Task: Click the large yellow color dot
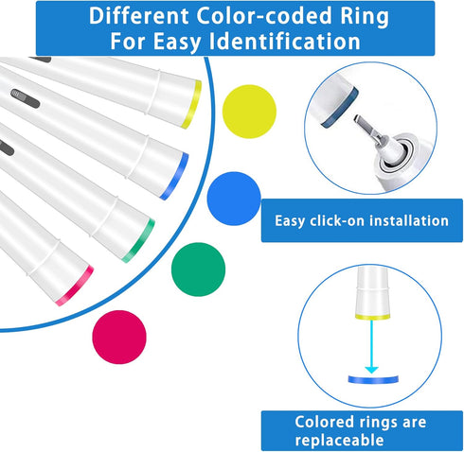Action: (x=249, y=112)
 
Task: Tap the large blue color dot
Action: (x=234, y=199)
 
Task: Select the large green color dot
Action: (x=198, y=269)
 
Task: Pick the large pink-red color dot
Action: (x=119, y=337)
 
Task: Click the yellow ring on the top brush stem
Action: (x=191, y=105)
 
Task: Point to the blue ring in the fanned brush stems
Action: (x=174, y=176)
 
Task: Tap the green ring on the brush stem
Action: (x=139, y=240)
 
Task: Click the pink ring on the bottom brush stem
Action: (x=75, y=286)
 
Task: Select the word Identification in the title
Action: (x=285, y=42)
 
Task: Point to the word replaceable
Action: (x=339, y=440)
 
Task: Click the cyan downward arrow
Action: (x=372, y=346)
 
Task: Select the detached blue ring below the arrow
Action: (x=373, y=379)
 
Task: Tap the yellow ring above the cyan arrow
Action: (x=372, y=317)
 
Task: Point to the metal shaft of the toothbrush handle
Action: (x=368, y=130)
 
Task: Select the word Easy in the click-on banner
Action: (x=290, y=221)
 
